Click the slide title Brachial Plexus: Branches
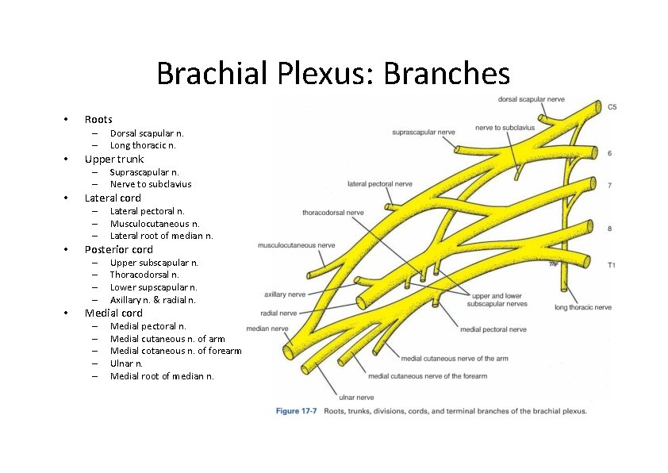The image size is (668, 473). click(x=332, y=74)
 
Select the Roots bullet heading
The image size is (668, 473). click(x=98, y=120)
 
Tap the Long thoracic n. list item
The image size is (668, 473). click(x=143, y=146)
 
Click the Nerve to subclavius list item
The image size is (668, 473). click(x=150, y=184)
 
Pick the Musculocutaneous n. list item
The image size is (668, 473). click(x=155, y=224)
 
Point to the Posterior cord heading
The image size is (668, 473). click(x=118, y=249)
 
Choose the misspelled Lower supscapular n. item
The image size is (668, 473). click(x=153, y=287)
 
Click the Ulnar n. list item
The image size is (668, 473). click(x=126, y=363)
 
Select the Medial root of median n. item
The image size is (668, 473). click(x=162, y=376)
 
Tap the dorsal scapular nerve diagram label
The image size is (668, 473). click(x=531, y=99)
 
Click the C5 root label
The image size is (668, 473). click(x=612, y=107)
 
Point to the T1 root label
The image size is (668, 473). click(x=611, y=265)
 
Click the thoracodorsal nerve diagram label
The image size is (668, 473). click(x=332, y=213)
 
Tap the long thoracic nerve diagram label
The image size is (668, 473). click(x=583, y=307)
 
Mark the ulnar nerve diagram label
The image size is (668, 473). click(x=356, y=397)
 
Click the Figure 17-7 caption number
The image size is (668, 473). click(x=296, y=411)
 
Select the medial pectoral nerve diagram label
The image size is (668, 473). click(x=492, y=329)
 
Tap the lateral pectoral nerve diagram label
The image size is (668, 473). click(x=380, y=184)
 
